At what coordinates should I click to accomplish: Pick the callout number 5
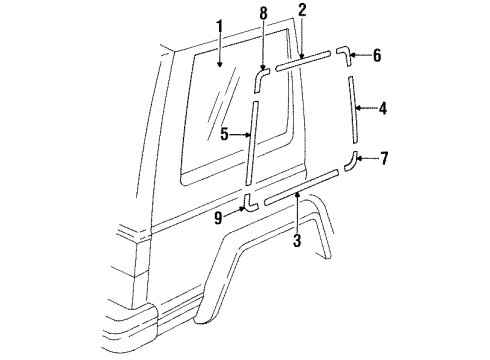(x=225, y=132)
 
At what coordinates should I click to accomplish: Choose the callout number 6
(x=376, y=56)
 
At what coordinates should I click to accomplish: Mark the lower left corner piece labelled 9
(x=249, y=204)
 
